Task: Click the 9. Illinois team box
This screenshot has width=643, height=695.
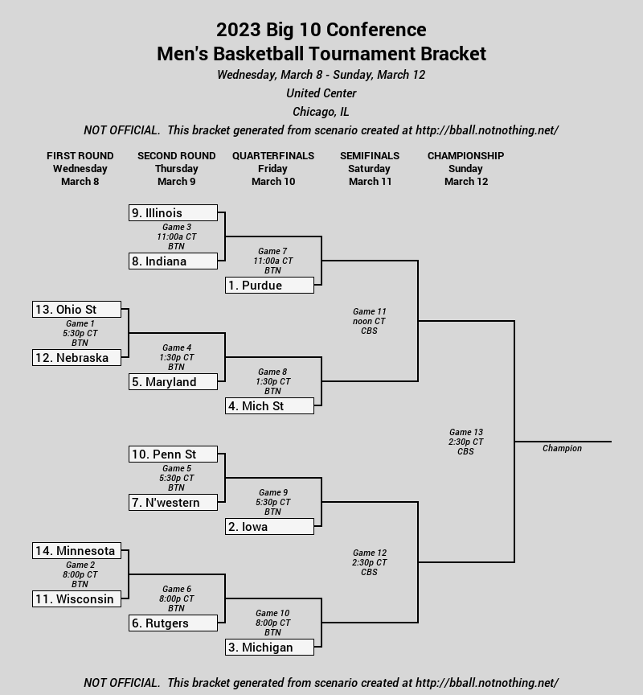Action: click(x=173, y=212)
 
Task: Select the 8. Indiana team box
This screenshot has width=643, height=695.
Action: click(x=173, y=261)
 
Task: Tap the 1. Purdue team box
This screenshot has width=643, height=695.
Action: click(x=270, y=285)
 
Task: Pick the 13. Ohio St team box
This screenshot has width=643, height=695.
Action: click(x=76, y=310)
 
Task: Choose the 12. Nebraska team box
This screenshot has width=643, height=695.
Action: click(x=76, y=358)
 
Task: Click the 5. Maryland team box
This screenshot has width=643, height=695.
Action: click(x=173, y=381)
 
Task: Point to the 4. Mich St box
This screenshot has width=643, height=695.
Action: click(x=270, y=406)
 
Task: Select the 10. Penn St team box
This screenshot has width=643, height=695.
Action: click(x=173, y=454)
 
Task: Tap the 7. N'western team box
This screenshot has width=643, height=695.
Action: click(x=173, y=502)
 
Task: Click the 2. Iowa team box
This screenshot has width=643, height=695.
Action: click(x=270, y=527)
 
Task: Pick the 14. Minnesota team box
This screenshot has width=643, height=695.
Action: click(x=76, y=550)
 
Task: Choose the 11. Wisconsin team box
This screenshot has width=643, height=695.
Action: click(x=76, y=598)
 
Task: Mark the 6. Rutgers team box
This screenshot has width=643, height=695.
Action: click(x=173, y=623)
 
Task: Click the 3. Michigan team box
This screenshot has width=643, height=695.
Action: click(x=270, y=647)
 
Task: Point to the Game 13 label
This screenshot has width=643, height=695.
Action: click(x=466, y=432)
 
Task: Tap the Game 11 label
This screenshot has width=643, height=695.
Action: click(x=370, y=311)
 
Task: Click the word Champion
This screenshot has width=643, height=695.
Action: click(x=562, y=448)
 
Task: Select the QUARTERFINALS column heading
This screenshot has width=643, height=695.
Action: click(x=273, y=155)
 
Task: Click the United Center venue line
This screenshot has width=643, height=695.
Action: click(x=321, y=93)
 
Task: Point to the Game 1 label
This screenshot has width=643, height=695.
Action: click(x=80, y=323)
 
